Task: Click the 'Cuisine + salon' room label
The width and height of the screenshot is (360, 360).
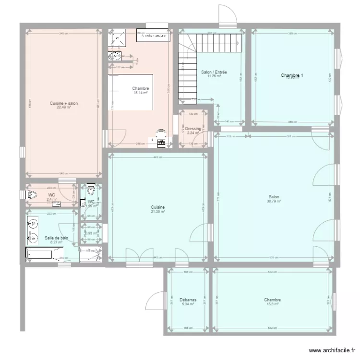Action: [x=64, y=103]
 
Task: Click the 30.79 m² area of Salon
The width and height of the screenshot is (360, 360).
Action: [x=274, y=201]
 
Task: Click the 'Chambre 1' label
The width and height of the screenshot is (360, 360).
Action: [x=292, y=75]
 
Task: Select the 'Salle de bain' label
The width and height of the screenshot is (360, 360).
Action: [x=53, y=238]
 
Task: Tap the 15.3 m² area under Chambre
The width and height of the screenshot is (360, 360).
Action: [x=272, y=304]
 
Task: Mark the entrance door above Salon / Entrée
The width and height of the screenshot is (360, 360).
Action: [x=227, y=17]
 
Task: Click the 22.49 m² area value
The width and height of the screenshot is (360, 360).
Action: [x=64, y=108]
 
